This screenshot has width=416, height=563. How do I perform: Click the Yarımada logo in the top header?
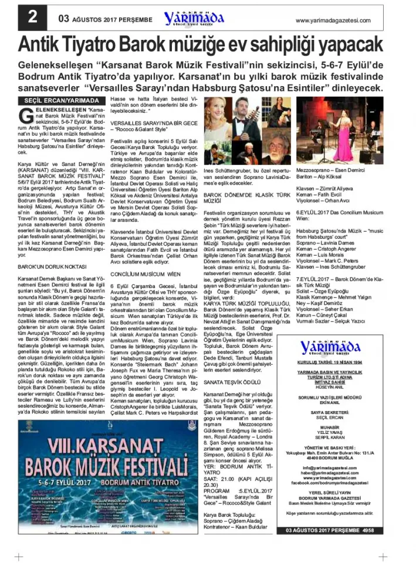(194, 18)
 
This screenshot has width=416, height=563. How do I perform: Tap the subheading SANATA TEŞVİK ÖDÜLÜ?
(232, 382)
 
